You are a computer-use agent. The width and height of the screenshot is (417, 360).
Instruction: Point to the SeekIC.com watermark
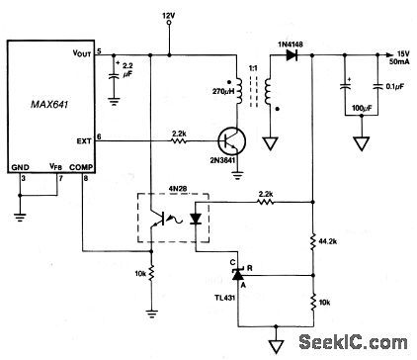pos(364,344)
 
